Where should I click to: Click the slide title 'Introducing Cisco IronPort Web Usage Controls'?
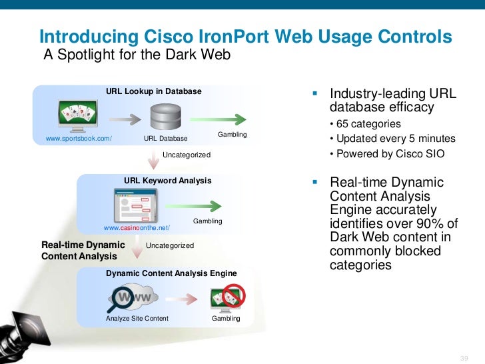(x=245, y=36)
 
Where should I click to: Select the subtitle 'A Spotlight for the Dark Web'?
(x=137, y=55)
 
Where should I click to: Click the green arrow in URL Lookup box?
(x=217, y=119)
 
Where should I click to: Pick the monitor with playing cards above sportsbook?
(x=79, y=115)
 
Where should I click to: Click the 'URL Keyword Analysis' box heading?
(x=168, y=181)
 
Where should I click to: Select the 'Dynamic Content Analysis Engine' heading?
(x=171, y=273)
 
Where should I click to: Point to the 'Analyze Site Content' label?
(x=137, y=319)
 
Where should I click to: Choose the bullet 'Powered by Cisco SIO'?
(x=387, y=154)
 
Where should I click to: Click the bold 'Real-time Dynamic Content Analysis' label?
(x=83, y=251)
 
